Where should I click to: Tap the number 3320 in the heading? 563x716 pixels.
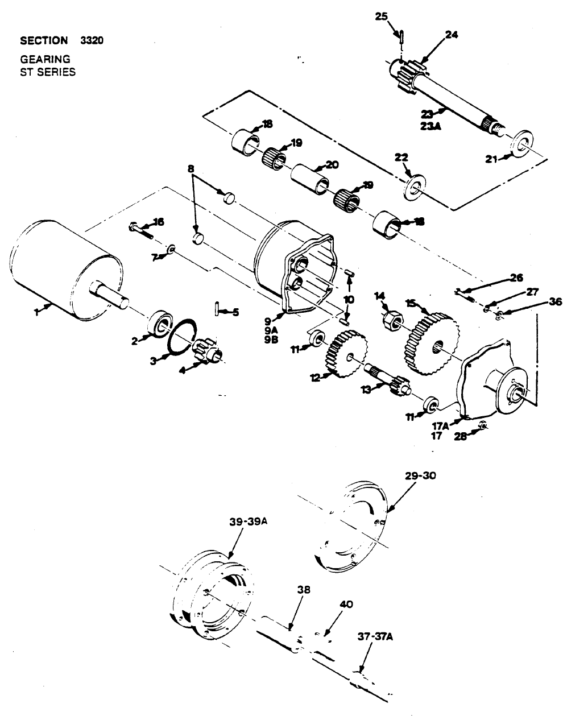click(x=92, y=40)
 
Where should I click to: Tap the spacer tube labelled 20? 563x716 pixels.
click(x=311, y=178)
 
